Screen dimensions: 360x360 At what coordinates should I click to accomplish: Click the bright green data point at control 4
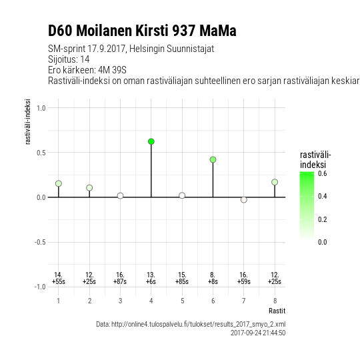coord(151,141)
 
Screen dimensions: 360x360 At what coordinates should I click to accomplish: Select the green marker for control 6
coord(213,159)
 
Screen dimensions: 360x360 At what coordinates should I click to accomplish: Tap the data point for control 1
coord(59,183)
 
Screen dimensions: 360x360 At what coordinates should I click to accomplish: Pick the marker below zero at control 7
coord(244,200)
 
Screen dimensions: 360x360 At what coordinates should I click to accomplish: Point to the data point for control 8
coord(275,182)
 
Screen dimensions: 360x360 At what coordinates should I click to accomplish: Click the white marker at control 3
coord(120,196)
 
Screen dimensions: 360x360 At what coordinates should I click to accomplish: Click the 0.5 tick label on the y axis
coord(41,153)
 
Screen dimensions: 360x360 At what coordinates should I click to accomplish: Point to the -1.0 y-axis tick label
coord(40,287)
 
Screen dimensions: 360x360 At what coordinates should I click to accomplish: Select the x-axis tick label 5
coord(182,301)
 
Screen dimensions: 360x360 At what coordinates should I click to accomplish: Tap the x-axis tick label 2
coord(89,301)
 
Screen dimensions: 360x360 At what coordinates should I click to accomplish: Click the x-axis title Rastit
coord(277,311)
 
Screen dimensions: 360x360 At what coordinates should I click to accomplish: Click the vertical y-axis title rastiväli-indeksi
coord(28,122)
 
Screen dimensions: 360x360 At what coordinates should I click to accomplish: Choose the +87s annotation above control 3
coord(120,281)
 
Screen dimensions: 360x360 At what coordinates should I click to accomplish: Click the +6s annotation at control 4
coord(151,281)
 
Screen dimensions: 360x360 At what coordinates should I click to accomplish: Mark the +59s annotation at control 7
coord(244,281)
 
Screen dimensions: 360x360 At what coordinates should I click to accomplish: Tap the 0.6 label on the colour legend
coord(323,173)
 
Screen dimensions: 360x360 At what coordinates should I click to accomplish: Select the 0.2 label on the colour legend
coord(323,219)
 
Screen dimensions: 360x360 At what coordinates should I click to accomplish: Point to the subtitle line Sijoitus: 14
coord(69,59)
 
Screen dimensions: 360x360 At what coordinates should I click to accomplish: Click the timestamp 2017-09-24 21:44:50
coord(258,333)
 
